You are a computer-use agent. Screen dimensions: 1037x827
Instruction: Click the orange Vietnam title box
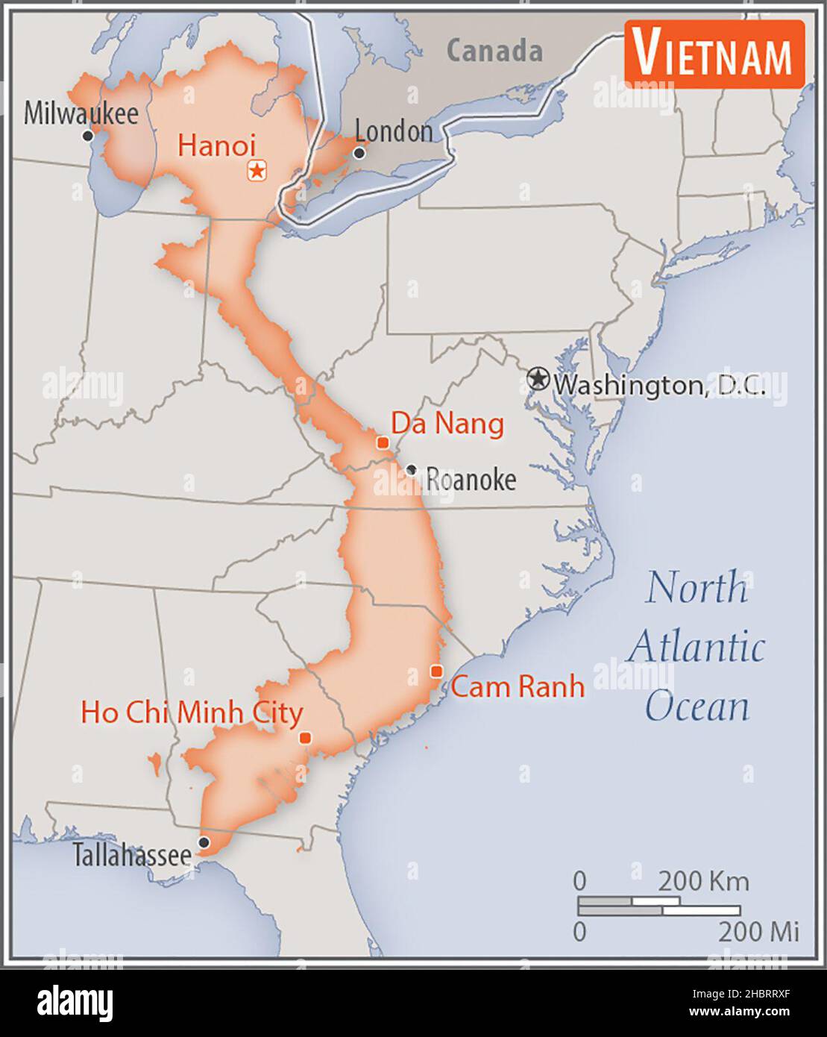[714, 54]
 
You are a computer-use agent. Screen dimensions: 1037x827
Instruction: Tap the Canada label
[494, 51]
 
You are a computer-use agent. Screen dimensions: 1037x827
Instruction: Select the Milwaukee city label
[81, 113]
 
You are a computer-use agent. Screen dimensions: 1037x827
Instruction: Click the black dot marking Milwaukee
[87, 136]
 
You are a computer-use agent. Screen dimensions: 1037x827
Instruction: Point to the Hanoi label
[216, 145]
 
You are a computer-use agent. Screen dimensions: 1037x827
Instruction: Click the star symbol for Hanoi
[257, 171]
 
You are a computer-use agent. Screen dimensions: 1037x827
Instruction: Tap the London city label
[393, 131]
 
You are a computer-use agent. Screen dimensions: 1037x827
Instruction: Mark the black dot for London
[359, 153]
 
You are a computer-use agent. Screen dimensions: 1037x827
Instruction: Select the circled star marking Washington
[537, 379]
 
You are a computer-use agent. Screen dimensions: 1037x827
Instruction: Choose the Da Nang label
[447, 424]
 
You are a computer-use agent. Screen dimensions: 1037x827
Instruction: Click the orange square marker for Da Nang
[383, 442]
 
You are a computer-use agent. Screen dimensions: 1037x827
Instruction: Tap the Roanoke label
[471, 480]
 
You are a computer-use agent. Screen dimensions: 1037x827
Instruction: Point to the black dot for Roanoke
[411, 470]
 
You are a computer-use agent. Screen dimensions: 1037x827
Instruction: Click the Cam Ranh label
[518, 686]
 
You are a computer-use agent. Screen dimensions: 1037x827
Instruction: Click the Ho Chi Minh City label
[192, 712]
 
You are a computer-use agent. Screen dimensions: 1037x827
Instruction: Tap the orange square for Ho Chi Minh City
[305, 738]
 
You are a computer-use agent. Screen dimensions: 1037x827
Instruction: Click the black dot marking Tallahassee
[204, 842]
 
